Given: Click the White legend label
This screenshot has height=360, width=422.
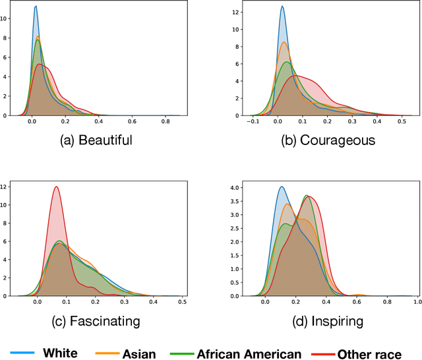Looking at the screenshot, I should pos(60,353).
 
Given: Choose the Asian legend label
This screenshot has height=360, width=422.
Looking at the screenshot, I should pos(138,353).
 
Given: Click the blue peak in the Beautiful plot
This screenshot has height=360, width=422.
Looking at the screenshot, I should pos(36,7).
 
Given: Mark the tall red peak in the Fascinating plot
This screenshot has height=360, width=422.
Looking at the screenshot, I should pos(56,187).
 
